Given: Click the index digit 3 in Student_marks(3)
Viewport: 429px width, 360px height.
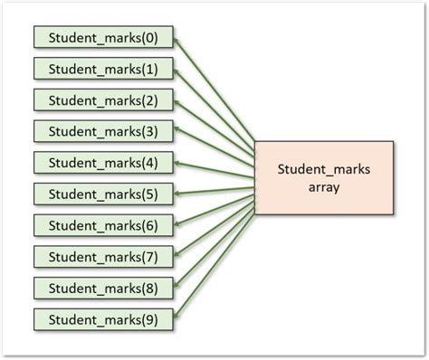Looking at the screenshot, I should click(x=148, y=131).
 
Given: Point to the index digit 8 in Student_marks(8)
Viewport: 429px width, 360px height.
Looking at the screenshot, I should click(x=148, y=288).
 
